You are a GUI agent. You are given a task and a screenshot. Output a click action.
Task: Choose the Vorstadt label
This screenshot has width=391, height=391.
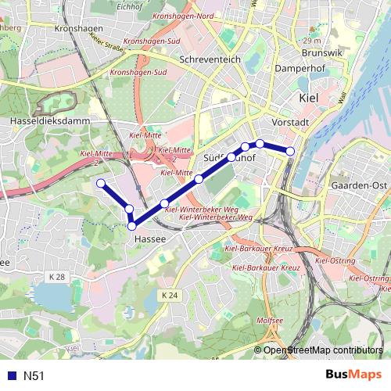(x=289, y=123)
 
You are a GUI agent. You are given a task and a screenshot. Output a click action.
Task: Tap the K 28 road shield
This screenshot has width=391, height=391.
(x=54, y=277)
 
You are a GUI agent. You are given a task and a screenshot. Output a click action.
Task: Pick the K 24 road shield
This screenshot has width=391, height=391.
(x=172, y=295)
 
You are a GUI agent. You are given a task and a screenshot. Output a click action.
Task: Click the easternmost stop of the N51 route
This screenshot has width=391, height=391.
(x=290, y=151)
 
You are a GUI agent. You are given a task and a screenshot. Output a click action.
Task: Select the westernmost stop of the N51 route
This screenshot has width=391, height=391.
(x=100, y=183)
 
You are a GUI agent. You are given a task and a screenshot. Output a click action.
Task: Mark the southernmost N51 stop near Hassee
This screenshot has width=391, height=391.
(x=131, y=226)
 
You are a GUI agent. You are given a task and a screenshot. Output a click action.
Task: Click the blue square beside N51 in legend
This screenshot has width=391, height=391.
(x=11, y=376)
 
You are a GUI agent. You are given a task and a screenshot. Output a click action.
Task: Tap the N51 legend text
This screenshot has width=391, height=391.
(x=34, y=376)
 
